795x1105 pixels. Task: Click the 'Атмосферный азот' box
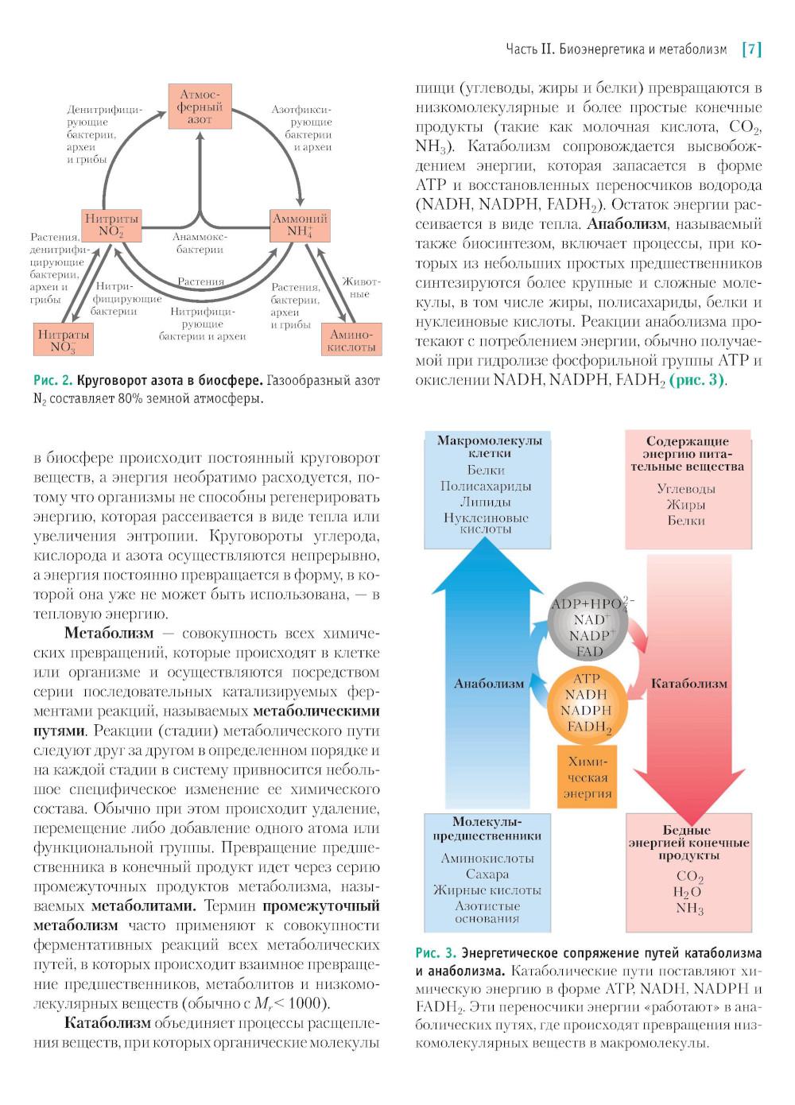200,107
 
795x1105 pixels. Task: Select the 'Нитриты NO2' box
112,225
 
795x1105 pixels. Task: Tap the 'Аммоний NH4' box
300,225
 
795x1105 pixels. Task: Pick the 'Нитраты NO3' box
63,341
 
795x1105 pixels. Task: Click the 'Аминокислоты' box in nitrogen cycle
351,341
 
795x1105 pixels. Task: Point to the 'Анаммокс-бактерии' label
200,243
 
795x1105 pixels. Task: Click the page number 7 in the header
751,49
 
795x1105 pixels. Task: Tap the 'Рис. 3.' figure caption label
436,952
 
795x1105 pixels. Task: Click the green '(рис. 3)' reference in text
696,380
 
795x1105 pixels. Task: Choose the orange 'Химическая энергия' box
588,777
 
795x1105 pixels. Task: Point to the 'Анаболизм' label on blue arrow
489,684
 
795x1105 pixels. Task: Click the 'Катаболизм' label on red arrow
688,684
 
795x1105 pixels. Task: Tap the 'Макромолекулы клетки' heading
488,447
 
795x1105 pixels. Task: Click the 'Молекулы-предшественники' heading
487,828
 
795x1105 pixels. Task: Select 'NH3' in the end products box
689,909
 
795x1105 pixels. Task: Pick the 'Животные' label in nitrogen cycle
361,288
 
